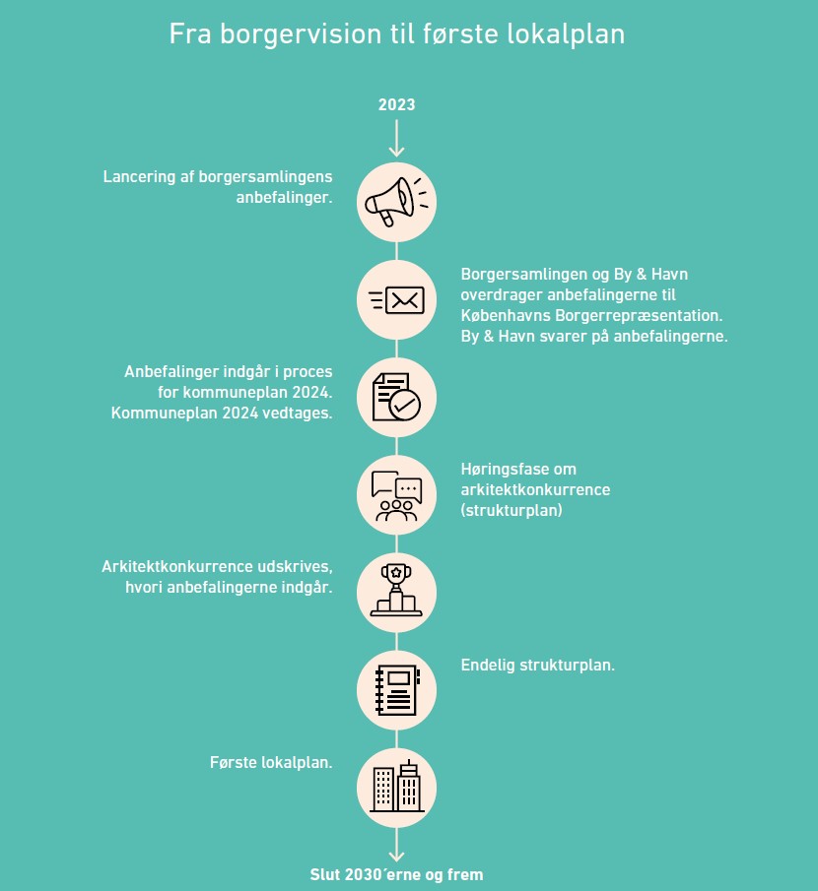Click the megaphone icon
(x=396, y=202)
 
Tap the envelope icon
(x=396, y=300)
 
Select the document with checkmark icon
(x=396, y=397)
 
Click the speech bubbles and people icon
(x=396, y=495)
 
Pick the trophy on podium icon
(x=396, y=591)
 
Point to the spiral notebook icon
(x=397, y=690)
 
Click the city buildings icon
(x=397, y=787)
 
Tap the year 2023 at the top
(x=396, y=104)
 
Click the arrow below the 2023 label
(x=396, y=138)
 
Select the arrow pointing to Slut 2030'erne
(x=396, y=845)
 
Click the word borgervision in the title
(x=301, y=34)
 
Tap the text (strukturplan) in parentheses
(x=511, y=510)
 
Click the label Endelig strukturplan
(x=537, y=665)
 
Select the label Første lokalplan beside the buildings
(x=271, y=763)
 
